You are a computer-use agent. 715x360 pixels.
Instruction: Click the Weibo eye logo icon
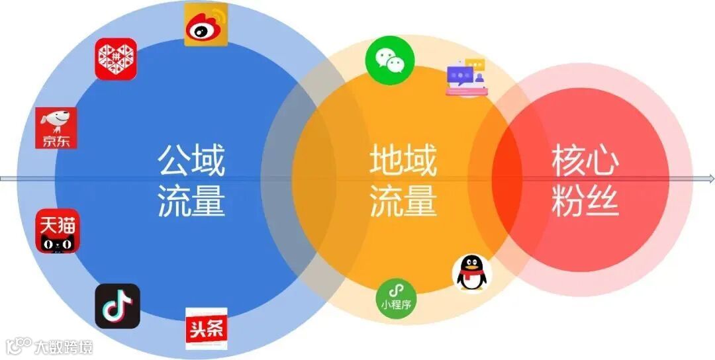click(x=206, y=24)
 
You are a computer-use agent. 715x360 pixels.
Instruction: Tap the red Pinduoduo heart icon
click(x=116, y=59)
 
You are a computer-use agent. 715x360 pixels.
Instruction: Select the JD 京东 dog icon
click(x=56, y=128)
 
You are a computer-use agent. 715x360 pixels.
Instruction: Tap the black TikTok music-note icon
click(x=117, y=306)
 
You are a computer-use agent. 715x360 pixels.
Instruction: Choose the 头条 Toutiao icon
click(x=207, y=329)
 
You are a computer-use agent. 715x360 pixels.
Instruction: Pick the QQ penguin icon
click(x=472, y=273)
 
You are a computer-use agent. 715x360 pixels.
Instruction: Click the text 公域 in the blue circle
click(x=191, y=160)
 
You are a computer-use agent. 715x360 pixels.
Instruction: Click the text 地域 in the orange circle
click(x=403, y=160)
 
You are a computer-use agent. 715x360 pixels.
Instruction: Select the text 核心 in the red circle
click(x=585, y=160)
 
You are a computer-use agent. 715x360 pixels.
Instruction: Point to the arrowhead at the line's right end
click(x=710, y=179)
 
